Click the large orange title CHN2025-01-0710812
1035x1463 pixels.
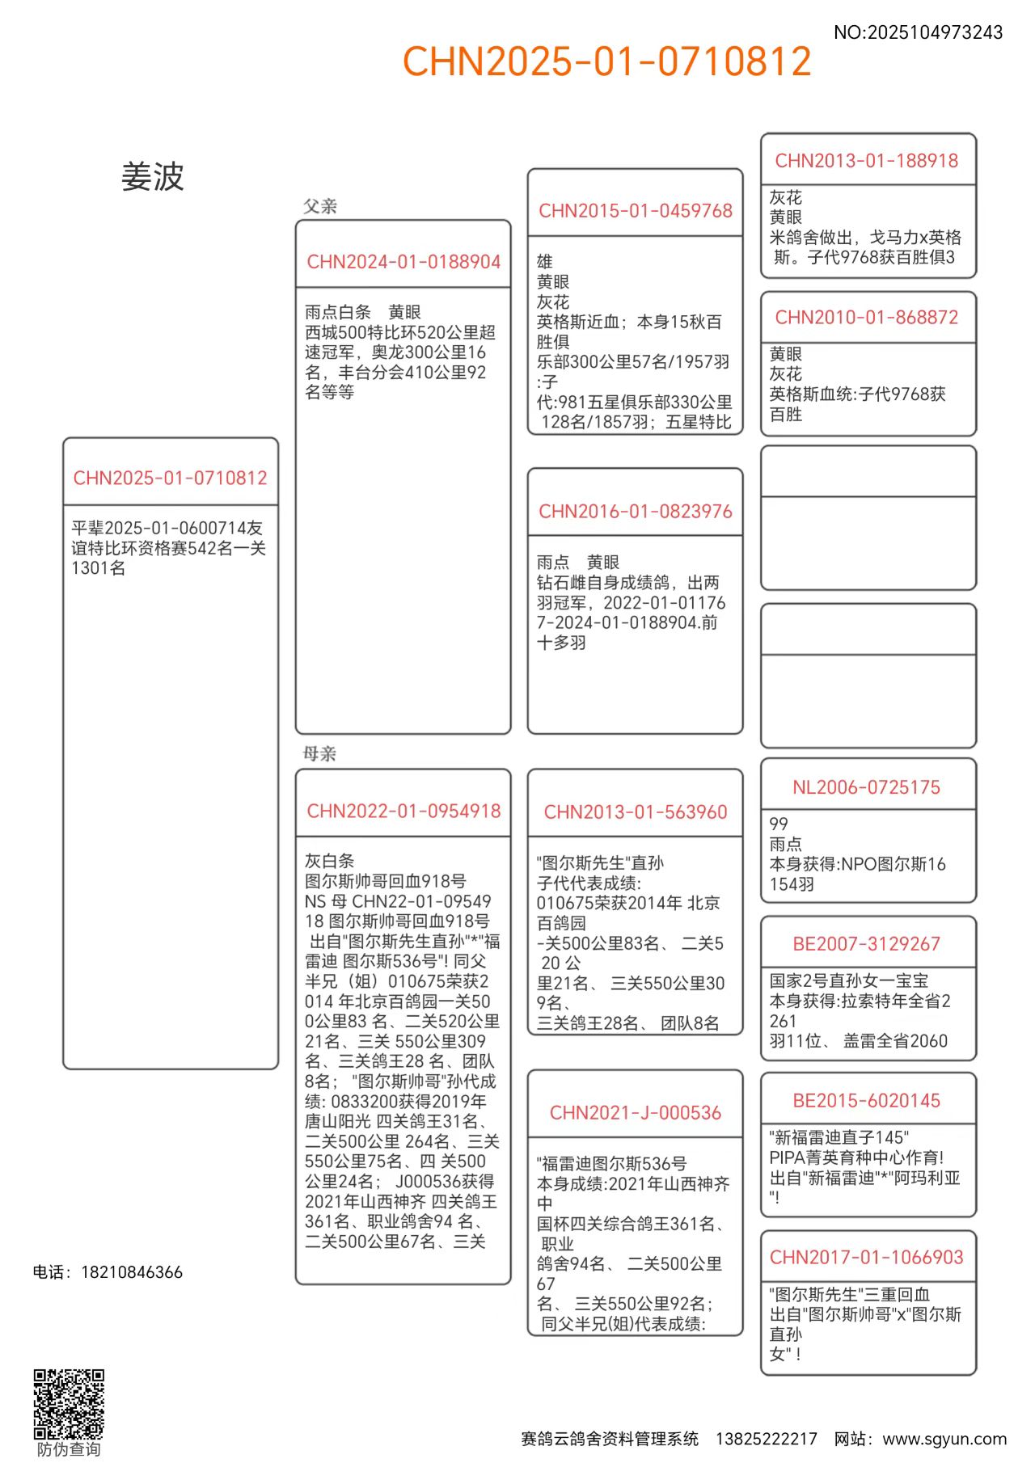606,61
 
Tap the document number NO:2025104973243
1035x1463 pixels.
918,32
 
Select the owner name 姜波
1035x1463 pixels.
153,176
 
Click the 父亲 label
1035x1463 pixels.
320,206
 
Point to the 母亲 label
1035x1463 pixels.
319,753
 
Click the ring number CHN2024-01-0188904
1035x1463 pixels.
403,262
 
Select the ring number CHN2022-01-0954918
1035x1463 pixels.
403,811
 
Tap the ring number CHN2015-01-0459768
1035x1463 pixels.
636,211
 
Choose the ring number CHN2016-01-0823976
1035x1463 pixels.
636,512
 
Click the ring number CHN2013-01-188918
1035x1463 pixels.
867,161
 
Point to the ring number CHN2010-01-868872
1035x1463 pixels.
867,318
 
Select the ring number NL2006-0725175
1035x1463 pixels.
867,787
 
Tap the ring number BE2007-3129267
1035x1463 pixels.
867,944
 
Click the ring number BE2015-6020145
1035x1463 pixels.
867,1101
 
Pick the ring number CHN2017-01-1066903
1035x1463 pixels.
867,1258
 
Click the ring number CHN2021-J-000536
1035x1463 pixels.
636,1113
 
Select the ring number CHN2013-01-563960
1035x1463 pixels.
636,812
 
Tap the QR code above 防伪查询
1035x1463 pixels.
69,1404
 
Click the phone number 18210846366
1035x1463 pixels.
132,1272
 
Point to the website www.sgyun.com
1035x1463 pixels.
944,1439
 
